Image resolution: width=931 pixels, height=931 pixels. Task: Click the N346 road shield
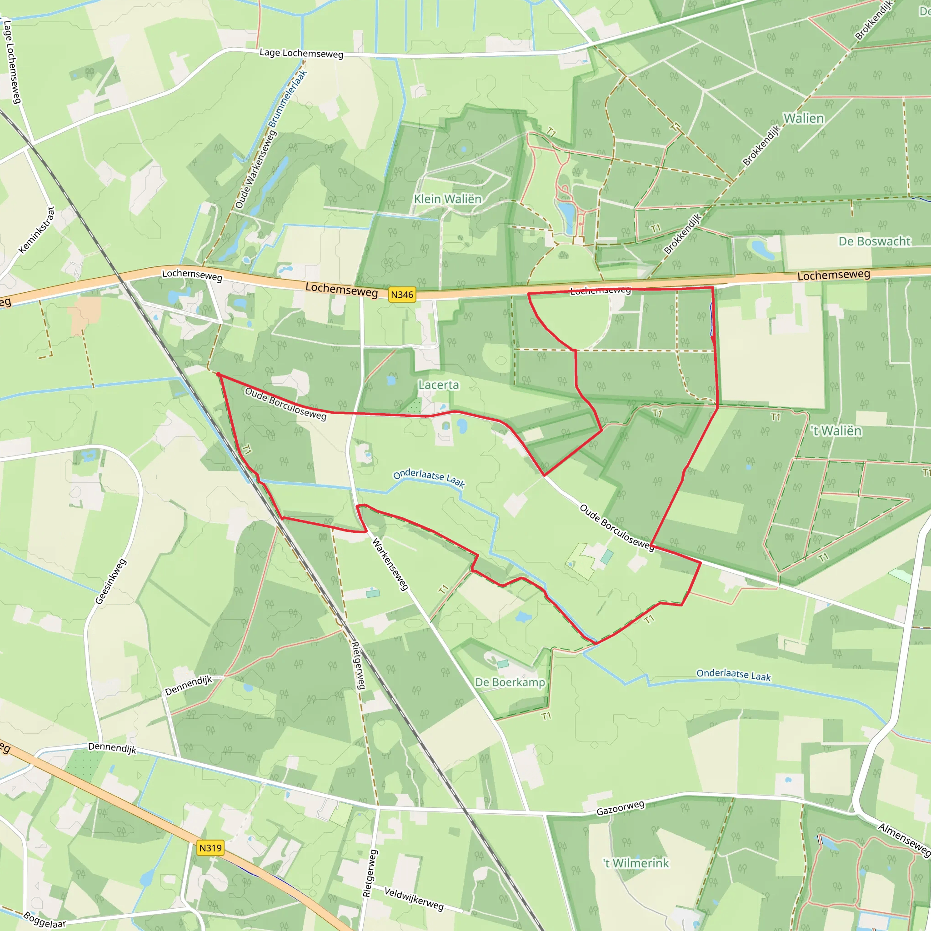402,295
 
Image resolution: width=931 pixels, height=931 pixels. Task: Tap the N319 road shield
210,848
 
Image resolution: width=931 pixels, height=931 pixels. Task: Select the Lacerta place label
439,385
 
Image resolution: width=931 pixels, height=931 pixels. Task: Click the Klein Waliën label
448,199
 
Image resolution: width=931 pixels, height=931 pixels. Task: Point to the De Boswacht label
874,241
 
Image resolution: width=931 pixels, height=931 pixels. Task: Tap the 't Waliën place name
836,431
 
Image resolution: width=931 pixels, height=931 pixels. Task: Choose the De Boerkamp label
510,682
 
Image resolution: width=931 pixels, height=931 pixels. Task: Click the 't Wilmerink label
636,863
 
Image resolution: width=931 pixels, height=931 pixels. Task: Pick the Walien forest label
804,119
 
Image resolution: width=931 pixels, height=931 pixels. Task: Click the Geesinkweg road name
111,581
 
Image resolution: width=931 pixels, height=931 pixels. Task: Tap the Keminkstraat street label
37,230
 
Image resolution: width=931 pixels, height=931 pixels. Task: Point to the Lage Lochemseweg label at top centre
301,53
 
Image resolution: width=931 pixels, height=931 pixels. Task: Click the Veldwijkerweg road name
414,899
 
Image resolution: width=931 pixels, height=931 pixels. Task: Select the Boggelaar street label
45,920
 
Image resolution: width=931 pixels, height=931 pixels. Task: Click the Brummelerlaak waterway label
288,99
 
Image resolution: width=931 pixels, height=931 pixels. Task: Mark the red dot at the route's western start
218,375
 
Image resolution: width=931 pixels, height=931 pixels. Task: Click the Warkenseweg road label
390,564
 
